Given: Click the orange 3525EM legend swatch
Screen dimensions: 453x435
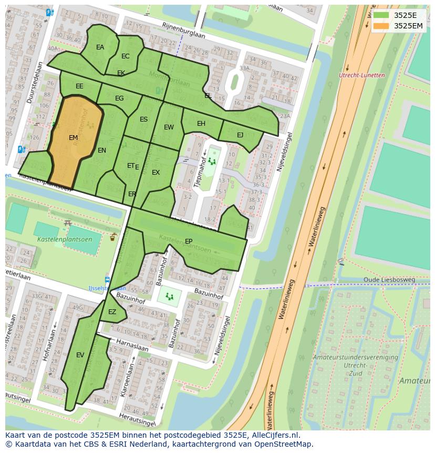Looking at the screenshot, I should (x=382, y=26).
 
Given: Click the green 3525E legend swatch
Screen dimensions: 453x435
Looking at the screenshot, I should (x=382, y=15).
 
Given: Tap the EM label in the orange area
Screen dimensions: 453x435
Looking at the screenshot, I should (x=73, y=138).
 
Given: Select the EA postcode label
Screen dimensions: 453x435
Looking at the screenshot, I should (x=100, y=47).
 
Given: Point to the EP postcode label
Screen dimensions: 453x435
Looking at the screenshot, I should (x=189, y=241).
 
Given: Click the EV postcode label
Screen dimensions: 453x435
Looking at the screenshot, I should (x=80, y=355).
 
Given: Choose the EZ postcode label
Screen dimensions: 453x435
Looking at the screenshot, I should (x=112, y=312).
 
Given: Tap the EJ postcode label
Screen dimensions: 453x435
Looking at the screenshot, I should (x=240, y=135).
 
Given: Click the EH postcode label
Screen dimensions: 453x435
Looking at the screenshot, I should (x=201, y=124).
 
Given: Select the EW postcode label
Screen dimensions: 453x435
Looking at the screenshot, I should (x=169, y=127).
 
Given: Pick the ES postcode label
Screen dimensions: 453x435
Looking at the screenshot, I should (x=143, y=119).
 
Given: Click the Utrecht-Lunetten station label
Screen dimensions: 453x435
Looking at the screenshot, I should (x=362, y=75).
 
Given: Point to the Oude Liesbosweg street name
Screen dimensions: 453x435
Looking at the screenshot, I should (x=389, y=279).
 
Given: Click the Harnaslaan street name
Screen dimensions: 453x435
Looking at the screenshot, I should (x=132, y=345).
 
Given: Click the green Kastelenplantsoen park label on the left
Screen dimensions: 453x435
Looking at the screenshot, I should (x=65, y=239).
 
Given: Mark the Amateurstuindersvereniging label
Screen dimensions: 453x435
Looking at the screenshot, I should (x=355, y=357).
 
